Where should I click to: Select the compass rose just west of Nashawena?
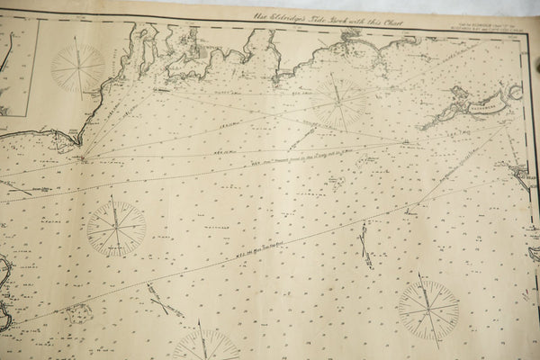click(337, 101)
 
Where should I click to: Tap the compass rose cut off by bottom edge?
click(206, 346)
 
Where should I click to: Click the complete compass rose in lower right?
click(428, 310)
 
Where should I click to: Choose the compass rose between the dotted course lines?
click(116, 229)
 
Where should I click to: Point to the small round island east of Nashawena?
click(515, 91)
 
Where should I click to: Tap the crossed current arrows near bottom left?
click(162, 301)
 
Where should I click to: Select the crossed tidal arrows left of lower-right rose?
click(364, 245)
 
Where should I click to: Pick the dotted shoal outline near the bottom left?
click(78, 313)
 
